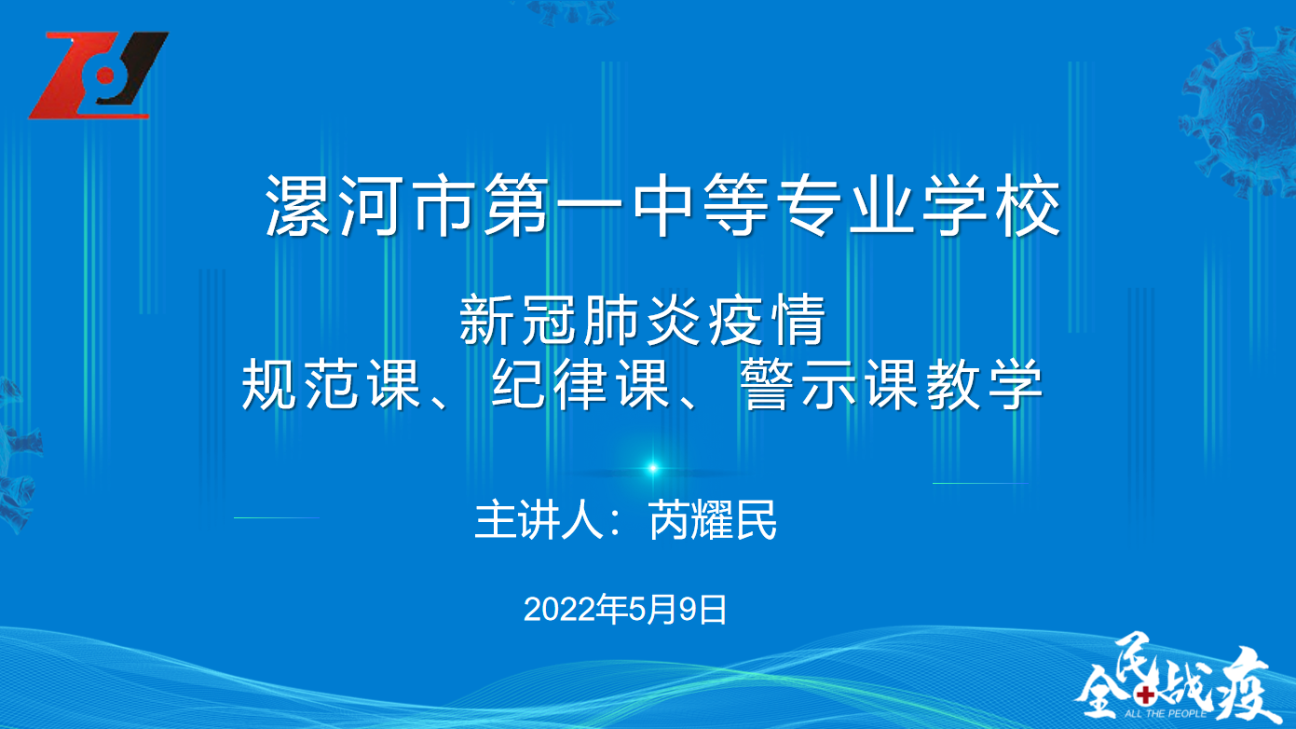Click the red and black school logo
[99, 76]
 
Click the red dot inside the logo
[105, 76]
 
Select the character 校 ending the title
[1028, 205]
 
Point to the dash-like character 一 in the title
[590, 204]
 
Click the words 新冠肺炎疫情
[642, 320]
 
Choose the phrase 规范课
[331, 384]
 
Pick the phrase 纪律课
[580, 384]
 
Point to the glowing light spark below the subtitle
[653, 468]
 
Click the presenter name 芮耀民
[712, 519]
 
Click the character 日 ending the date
[713, 610]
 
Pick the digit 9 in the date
[688, 610]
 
